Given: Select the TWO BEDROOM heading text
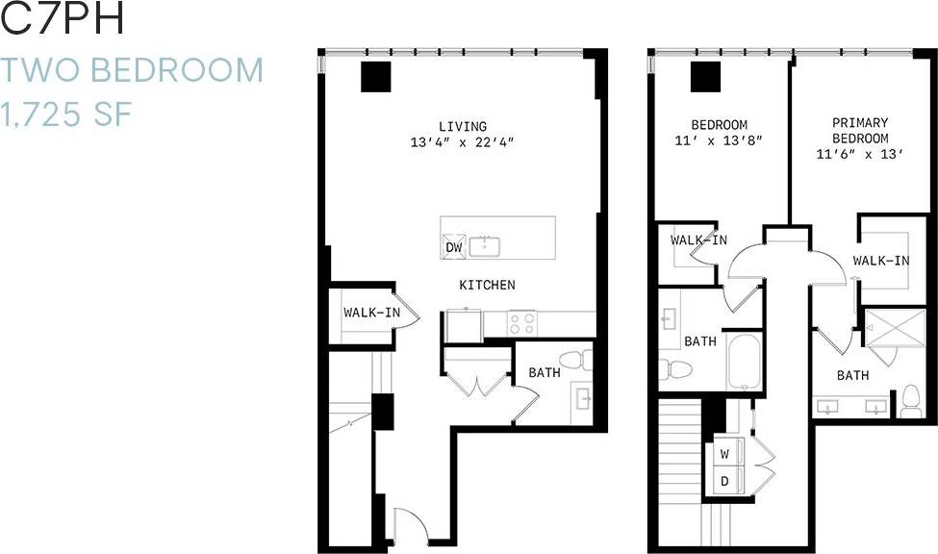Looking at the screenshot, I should tap(131, 70).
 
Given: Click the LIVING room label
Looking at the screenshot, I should tap(462, 126).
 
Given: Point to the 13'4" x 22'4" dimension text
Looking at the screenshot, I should tap(462, 143).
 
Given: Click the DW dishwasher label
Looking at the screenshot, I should tap(454, 247).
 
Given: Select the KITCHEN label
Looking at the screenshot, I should tap(486, 285).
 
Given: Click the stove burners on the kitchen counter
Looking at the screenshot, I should tap(522, 323).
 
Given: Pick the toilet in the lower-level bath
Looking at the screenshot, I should tap(575, 361).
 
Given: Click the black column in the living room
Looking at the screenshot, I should tap(374, 76).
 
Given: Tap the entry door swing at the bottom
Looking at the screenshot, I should tap(409, 526).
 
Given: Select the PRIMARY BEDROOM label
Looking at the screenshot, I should tap(860, 130).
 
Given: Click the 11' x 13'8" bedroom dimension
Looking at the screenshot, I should tap(720, 140).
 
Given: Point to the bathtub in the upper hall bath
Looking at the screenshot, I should tap(745, 362).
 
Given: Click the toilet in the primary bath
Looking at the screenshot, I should tap(909, 400).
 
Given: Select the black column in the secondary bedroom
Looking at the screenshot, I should tap(705, 75).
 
